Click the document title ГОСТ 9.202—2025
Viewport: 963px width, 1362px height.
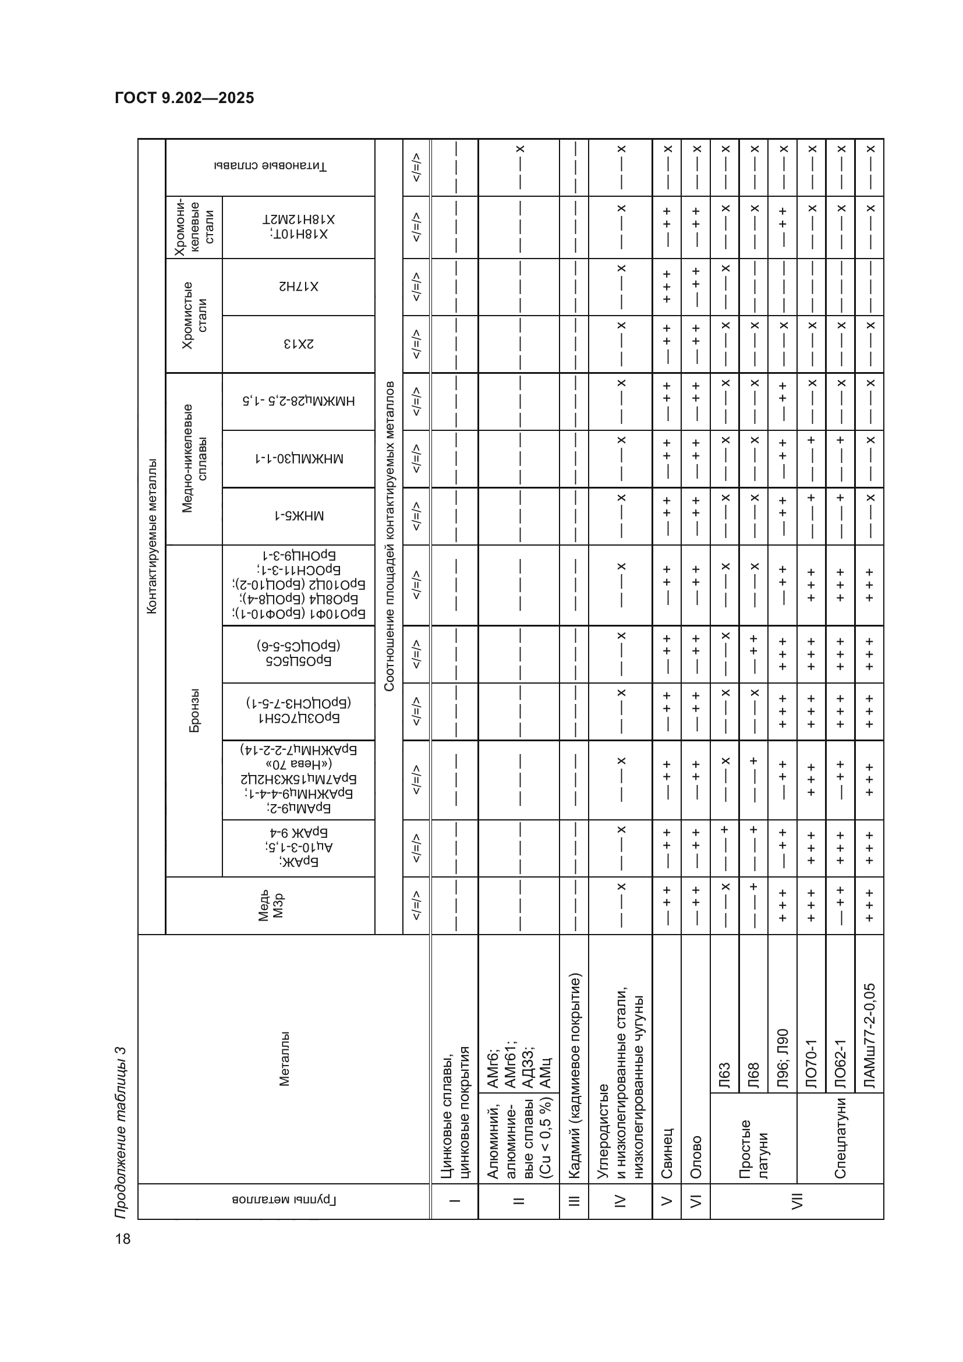click(x=185, y=98)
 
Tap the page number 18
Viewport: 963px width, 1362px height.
click(x=123, y=1239)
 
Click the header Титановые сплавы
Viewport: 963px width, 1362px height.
click(x=270, y=167)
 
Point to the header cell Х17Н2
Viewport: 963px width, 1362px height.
click(x=298, y=287)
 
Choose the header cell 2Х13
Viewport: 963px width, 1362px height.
click(x=298, y=344)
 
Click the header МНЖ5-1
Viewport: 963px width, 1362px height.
click(x=298, y=516)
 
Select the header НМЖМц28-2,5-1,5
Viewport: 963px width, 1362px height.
click(x=298, y=401)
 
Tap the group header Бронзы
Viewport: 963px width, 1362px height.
click(x=194, y=710)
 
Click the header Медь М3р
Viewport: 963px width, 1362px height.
click(x=270, y=905)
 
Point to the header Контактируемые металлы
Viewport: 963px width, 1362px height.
click(x=152, y=536)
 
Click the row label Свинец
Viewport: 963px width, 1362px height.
click(x=667, y=1152)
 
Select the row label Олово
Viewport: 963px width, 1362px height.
click(x=696, y=1157)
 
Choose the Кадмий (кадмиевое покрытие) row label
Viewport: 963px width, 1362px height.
click(x=573, y=1075)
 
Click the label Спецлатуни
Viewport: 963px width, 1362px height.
click(x=840, y=1138)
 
